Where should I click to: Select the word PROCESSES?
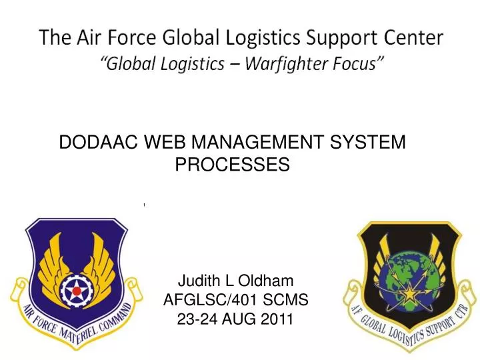point(232,165)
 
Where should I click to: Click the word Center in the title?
point(417,38)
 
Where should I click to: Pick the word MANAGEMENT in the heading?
point(257,142)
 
